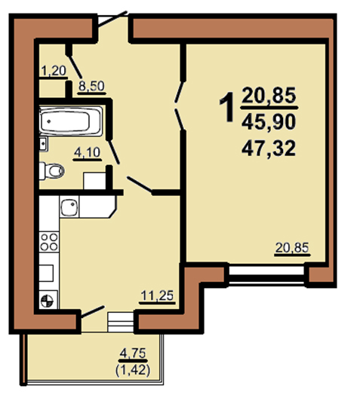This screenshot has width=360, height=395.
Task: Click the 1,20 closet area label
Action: (x=54, y=71)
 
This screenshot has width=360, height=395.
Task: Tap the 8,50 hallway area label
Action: (x=91, y=86)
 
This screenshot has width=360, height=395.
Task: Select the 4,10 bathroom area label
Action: (x=88, y=152)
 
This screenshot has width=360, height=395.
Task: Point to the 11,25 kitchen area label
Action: (x=157, y=295)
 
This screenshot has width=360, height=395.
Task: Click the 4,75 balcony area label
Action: (x=133, y=354)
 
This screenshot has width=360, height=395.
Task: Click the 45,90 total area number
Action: (x=269, y=122)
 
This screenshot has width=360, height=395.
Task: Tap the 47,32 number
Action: (x=269, y=149)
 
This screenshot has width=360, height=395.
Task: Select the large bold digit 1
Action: (x=227, y=107)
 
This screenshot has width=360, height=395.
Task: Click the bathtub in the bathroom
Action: (x=71, y=121)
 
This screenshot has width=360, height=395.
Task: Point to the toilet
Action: (x=52, y=171)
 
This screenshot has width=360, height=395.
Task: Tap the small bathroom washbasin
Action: (x=43, y=144)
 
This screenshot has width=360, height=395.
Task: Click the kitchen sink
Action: (x=69, y=207)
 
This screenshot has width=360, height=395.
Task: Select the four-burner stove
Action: (x=49, y=242)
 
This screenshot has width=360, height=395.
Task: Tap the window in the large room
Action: (x=266, y=274)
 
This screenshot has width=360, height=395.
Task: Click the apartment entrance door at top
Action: (x=112, y=19)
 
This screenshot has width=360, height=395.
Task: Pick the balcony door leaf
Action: (x=92, y=311)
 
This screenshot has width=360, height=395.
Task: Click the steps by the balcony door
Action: (x=121, y=323)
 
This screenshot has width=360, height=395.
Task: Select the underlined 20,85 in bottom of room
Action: (x=292, y=248)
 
